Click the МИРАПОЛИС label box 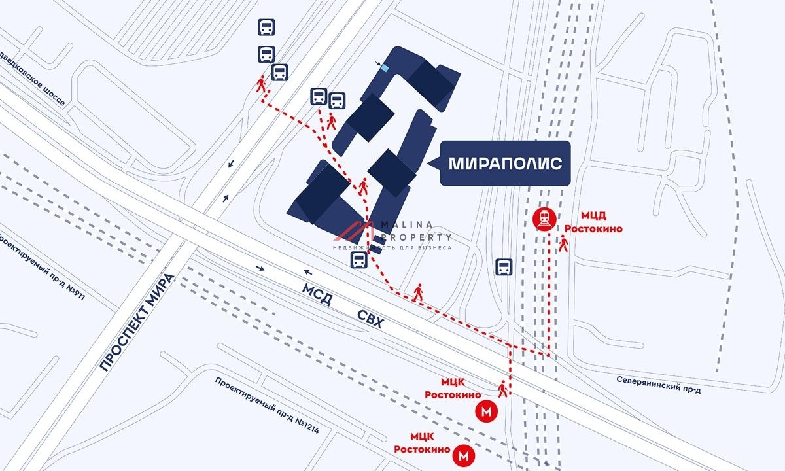coord(505,164)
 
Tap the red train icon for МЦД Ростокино coord(544,220)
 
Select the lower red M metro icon coord(464,453)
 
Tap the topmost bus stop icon coord(266,27)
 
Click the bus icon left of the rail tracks coord(504,266)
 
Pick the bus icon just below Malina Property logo coord(358,261)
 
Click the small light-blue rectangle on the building coord(385,67)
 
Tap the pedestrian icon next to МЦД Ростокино coord(563,243)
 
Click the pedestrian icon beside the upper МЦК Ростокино coord(502,389)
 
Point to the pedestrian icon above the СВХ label coord(418,292)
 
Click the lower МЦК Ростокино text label coord(421,444)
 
